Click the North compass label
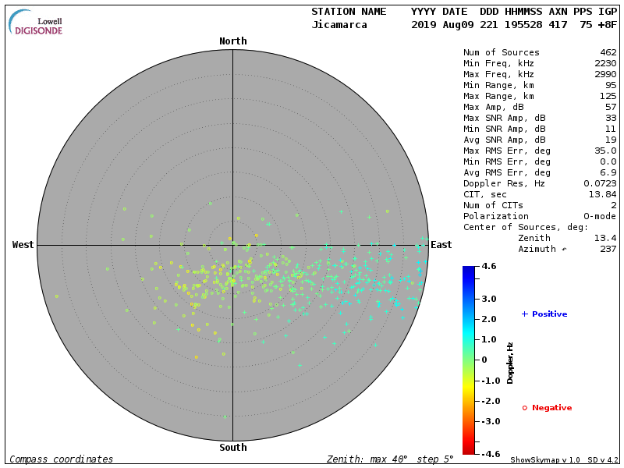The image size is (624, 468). (232, 41)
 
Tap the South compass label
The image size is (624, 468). (232, 448)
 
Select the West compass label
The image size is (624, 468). (23, 245)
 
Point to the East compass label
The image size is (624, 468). (441, 245)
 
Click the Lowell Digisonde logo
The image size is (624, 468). (37, 22)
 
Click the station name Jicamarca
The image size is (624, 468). (339, 25)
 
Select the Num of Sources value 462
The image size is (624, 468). (608, 53)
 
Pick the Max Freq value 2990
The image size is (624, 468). (605, 75)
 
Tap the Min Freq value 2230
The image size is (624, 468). (605, 64)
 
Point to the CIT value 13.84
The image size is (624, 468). (603, 195)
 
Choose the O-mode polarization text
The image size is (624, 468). (597, 217)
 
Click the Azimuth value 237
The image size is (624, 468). (608, 250)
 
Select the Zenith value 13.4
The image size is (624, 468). (605, 239)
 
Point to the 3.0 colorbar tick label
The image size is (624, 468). (489, 299)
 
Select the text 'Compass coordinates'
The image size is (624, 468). (61, 459)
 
